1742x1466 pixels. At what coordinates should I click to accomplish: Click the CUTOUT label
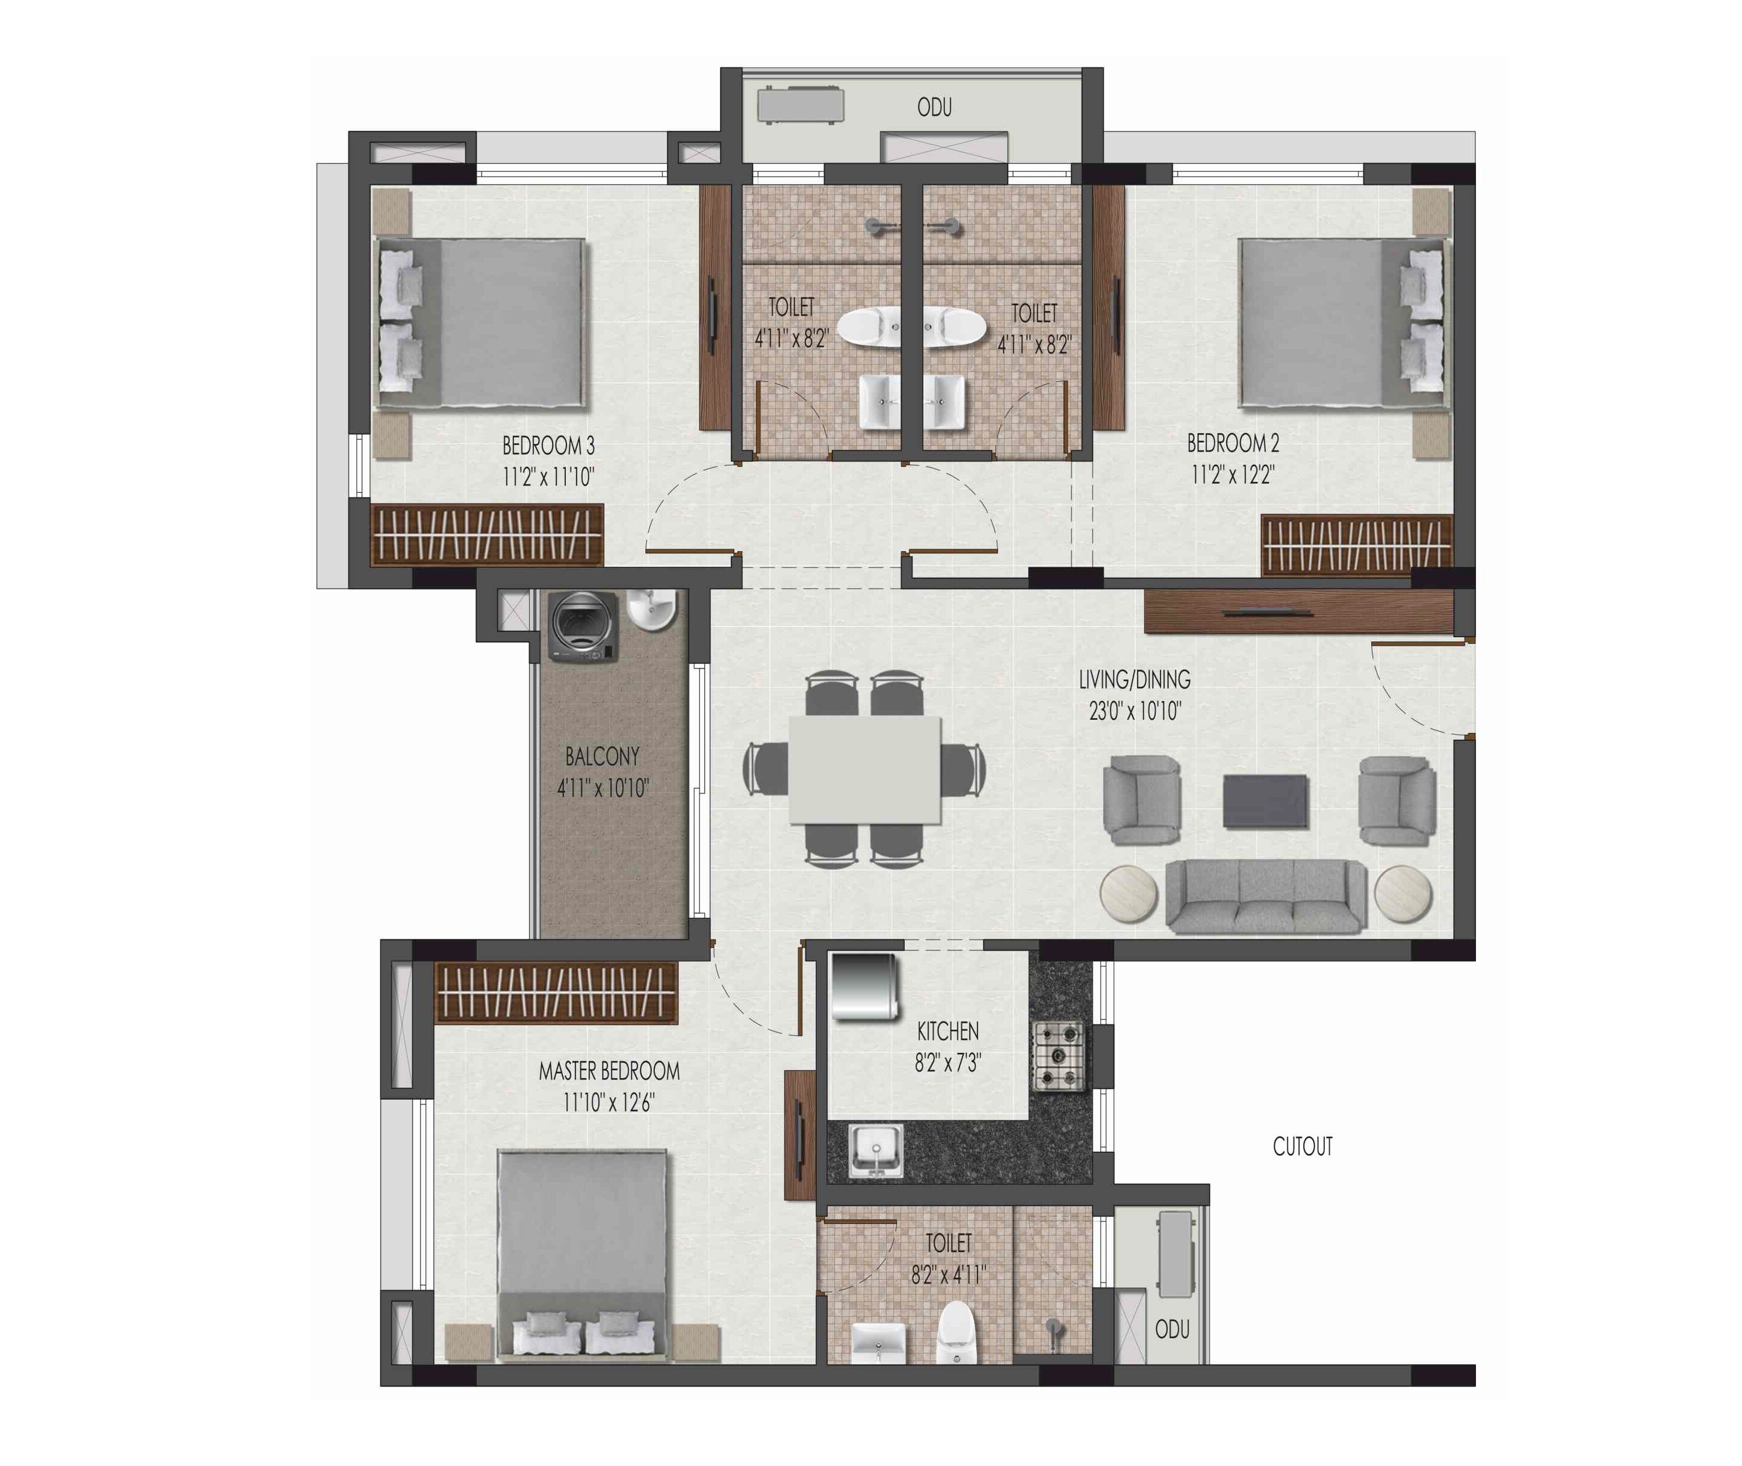pyautogui.click(x=1302, y=1147)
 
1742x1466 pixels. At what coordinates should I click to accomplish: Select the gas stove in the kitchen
pyautogui.click(x=1058, y=1055)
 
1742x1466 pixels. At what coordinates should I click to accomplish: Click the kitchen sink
pyautogui.click(x=876, y=1150)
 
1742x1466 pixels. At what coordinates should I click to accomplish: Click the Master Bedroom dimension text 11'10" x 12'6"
pyautogui.click(x=609, y=1103)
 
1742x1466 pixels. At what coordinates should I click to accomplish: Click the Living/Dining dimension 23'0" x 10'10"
pyautogui.click(x=1135, y=711)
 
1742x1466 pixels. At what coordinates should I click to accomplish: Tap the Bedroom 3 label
pyautogui.click(x=548, y=446)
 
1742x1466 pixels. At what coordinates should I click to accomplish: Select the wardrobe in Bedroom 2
pyautogui.click(x=1356, y=544)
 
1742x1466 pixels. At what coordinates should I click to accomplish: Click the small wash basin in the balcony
pyautogui.click(x=651, y=609)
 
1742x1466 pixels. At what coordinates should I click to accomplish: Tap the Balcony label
pyautogui.click(x=603, y=756)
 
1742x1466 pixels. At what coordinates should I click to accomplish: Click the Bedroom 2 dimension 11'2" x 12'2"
pyautogui.click(x=1233, y=475)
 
